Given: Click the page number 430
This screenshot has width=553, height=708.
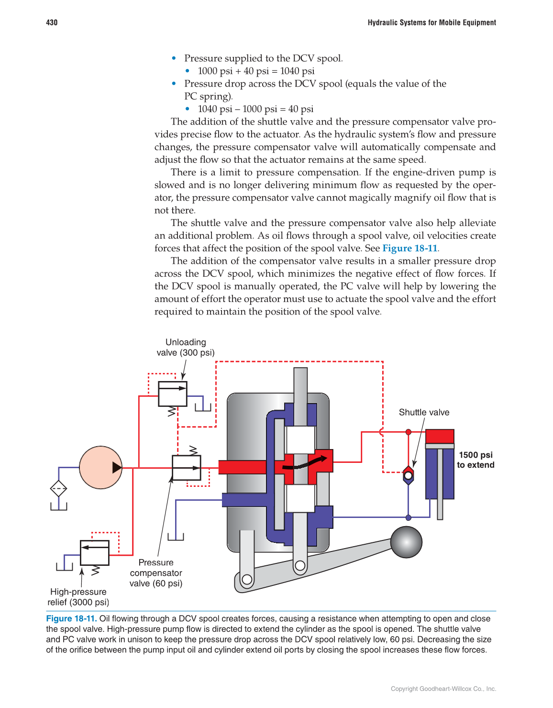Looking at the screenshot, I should point(52,22).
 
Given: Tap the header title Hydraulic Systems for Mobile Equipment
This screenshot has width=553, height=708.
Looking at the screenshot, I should point(431,22).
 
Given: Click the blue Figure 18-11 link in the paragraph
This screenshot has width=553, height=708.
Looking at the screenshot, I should point(409,248).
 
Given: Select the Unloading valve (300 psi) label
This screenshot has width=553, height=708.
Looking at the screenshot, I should point(186,348).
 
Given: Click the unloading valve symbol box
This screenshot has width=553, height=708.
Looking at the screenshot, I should point(172,393).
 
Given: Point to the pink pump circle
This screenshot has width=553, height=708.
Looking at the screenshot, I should point(100,467).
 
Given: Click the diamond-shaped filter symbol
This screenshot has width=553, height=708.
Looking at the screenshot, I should point(58,489).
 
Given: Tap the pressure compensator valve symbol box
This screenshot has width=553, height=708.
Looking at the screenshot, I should point(186,467).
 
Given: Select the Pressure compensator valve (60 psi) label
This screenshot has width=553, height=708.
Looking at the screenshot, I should point(156,573).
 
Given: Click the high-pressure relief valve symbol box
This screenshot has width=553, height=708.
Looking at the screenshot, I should point(95,552).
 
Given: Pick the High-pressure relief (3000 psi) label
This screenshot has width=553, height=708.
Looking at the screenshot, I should point(78,597).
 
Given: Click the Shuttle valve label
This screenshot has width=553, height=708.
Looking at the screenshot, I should point(424,412).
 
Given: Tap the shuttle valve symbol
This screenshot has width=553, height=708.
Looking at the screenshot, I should point(408,475).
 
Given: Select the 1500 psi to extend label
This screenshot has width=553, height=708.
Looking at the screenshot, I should point(476,460).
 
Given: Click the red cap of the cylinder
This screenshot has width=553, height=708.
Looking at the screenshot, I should point(439,436).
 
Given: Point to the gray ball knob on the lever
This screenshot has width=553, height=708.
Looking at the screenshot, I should point(406,542).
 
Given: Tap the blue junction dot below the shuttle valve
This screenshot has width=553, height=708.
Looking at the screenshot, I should point(408,517).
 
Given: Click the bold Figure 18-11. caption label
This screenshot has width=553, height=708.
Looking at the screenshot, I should point(71,618).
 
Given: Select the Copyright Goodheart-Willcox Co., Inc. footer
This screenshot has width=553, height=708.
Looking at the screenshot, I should point(443,689).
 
